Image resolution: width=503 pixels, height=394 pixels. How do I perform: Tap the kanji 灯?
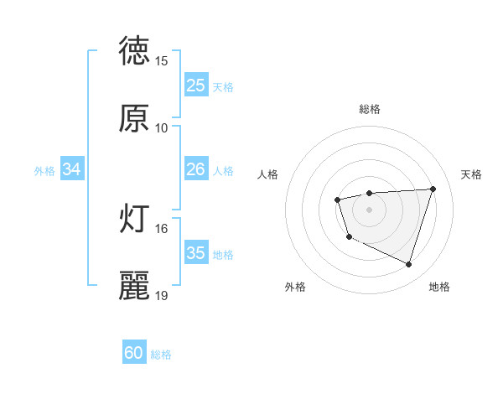pyautogui.click(x=135, y=219)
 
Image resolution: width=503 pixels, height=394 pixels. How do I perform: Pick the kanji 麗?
pyautogui.click(x=135, y=286)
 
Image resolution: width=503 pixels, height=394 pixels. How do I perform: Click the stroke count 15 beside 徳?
pyautogui.click(x=162, y=61)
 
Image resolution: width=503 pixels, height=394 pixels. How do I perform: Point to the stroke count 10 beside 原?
pyautogui.click(x=162, y=128)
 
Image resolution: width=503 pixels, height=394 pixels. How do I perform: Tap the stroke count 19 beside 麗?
pyautogui.click(x=162, y=296)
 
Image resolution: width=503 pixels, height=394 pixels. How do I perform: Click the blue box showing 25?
pyautogui.click(x=196, y=86)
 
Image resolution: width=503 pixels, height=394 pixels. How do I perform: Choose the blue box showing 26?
pyautogui.click(x=196, y=169)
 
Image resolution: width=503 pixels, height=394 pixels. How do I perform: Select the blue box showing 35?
pyautogui.click(x=196, y=253)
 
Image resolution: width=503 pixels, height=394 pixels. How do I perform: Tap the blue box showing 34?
pyautogui.click(x=72, y=169)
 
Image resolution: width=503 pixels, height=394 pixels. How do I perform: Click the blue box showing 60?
pyautogui.click(x=134, y=353)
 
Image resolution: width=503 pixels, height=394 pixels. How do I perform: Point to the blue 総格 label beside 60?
pyautogui.click(x=161, y=355)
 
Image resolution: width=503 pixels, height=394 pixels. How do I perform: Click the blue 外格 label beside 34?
pyautogui.click(x=44, y=171)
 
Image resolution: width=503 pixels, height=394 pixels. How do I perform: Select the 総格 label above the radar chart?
pyautogui.click(x=370, y=109)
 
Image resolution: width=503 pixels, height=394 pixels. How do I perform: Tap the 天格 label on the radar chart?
pyautogui.click(x=472, y=174)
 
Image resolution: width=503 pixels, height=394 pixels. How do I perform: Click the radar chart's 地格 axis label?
pyautogui.click(x=439, y=288)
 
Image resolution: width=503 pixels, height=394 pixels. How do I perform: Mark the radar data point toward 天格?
pyautogui.click(x=433, y=189)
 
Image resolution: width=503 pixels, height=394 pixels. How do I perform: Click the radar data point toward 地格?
pyautogui.click(x=408, y=265)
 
